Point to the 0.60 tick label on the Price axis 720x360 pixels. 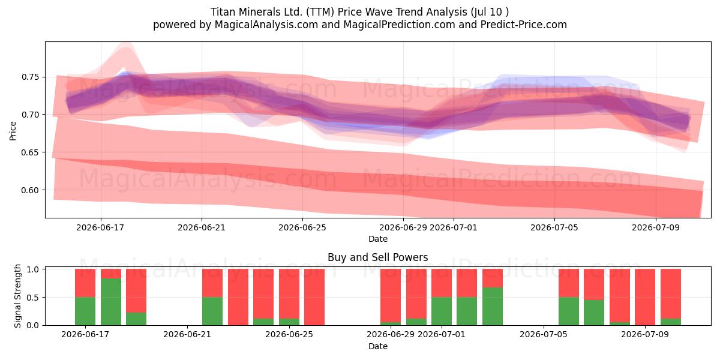[x=30, y=190]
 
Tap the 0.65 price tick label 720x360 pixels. [x=30, y=152]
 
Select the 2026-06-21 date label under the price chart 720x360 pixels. [x=202, y=227]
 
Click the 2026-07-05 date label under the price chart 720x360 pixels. [x=554, y=227]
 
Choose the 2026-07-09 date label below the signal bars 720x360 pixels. [x=645, y=334]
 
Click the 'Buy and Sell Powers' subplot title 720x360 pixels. [x=377, y=257]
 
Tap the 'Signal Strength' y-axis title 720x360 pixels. [x=17, y=296]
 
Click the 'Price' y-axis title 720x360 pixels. [x=13, y=131]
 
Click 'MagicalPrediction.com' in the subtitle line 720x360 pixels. [x=399, y=25]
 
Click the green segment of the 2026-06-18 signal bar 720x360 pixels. [x=111, y=302]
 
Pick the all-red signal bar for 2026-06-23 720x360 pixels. [x=238, y=297]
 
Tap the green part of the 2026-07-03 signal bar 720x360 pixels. [x=493, y=307]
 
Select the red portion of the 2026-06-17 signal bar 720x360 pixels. [x=85, y=283]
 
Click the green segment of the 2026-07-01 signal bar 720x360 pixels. [x=442, y=311]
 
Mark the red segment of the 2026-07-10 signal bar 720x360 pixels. [x=671, y=294]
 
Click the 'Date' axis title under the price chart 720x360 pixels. [x=377, y=239]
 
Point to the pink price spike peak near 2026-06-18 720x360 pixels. [x=125, y=44]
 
